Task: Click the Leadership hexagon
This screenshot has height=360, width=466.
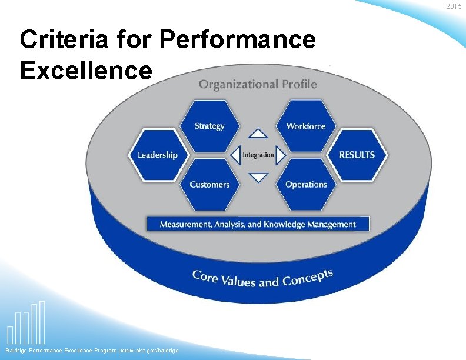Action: coord(157,155)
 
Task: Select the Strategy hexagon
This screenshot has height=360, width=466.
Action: coord(209,125)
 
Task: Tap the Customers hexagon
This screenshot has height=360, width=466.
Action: coord(209,184)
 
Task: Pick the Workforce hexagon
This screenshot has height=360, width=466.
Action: coord(306,125)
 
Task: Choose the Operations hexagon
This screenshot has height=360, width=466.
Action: coord(306,184)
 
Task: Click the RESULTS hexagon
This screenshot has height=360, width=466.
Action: coord(357,155)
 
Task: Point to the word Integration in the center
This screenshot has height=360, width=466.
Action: coord(258,155)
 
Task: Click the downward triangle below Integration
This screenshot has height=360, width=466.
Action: coord(258,176)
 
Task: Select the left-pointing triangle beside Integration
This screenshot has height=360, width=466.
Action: coord(235,155)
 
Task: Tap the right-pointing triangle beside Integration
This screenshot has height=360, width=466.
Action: coord(281,155)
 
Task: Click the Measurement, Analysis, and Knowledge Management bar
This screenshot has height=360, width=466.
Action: coord(258,224)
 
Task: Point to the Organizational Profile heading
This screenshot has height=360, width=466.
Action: coord(257,84)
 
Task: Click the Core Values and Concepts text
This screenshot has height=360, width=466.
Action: coord(262,278)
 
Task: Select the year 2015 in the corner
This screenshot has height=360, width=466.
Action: coord(454,6)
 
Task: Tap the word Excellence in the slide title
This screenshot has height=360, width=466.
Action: coord(86,71)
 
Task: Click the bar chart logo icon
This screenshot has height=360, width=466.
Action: coord(26,323)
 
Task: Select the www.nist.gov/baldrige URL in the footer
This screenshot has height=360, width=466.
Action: coord(149,351)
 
